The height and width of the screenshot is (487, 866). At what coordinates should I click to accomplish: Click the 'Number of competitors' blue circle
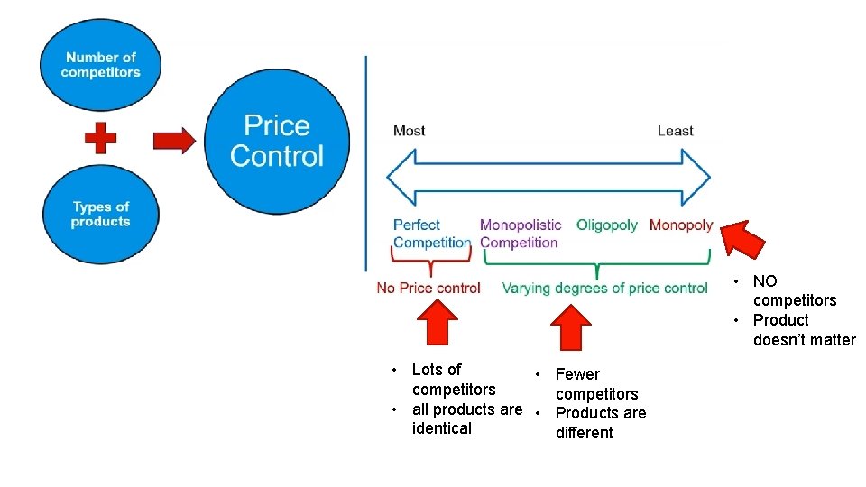(100, 64)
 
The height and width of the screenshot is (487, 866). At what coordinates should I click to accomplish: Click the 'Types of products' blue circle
(100, 214)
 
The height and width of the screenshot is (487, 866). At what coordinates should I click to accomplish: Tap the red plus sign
(100, 139)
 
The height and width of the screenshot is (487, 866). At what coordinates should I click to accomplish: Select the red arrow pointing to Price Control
(173, 141)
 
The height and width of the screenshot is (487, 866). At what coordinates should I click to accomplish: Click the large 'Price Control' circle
(277, 141)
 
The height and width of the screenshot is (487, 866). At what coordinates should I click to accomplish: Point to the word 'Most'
(409, 131)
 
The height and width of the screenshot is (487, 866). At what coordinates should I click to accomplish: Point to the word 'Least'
(675, 131)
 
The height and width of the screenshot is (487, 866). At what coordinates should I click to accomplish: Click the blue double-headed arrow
(548, 178)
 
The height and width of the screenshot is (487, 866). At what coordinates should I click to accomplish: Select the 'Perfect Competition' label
(431, 234)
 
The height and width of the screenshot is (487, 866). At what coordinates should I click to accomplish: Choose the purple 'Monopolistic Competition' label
(520, 234)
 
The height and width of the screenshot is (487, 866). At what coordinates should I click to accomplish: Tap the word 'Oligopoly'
(607, 225)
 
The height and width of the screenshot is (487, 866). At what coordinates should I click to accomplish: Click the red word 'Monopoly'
(681, 225)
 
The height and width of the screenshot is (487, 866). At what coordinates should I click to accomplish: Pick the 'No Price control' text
(428, 289)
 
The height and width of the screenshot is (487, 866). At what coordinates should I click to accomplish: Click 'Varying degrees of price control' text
(604, 289)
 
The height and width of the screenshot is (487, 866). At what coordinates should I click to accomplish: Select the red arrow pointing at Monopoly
(743, 239)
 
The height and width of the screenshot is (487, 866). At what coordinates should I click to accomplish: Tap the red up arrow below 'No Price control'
(439, 324)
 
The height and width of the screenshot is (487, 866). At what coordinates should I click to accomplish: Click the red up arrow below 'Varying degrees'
(570, 326)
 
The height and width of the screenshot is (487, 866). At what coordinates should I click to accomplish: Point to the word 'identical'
(442, 428)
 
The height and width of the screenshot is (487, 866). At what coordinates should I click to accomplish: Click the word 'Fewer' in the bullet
(577, 374)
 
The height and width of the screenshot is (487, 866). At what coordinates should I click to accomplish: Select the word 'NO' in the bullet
(765, 281)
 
